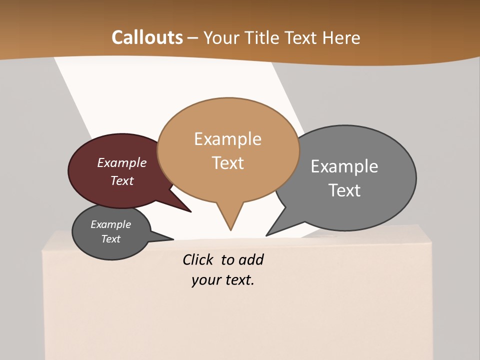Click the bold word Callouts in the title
coord(147,37)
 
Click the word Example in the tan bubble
coord(227,139)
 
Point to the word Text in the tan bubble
coord(228,163)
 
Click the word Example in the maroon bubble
coord(122,163)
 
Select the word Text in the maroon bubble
coord(122,180)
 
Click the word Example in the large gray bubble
coord(344,166)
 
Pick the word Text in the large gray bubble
coord(345,190)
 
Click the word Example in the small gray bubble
coord(111,224)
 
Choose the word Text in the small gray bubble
coord(111,239)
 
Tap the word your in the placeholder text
coord(203,280)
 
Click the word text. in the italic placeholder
coord(238,280)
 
